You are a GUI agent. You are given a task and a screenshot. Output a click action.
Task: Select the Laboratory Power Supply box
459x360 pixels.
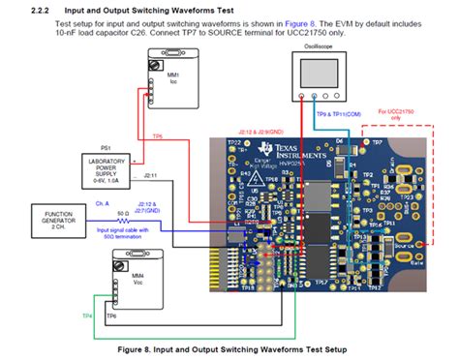click(110, 165)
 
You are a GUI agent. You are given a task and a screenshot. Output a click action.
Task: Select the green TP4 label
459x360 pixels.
click(87, 315)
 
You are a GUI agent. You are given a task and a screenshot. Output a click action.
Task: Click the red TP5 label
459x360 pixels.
click(157, 136)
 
